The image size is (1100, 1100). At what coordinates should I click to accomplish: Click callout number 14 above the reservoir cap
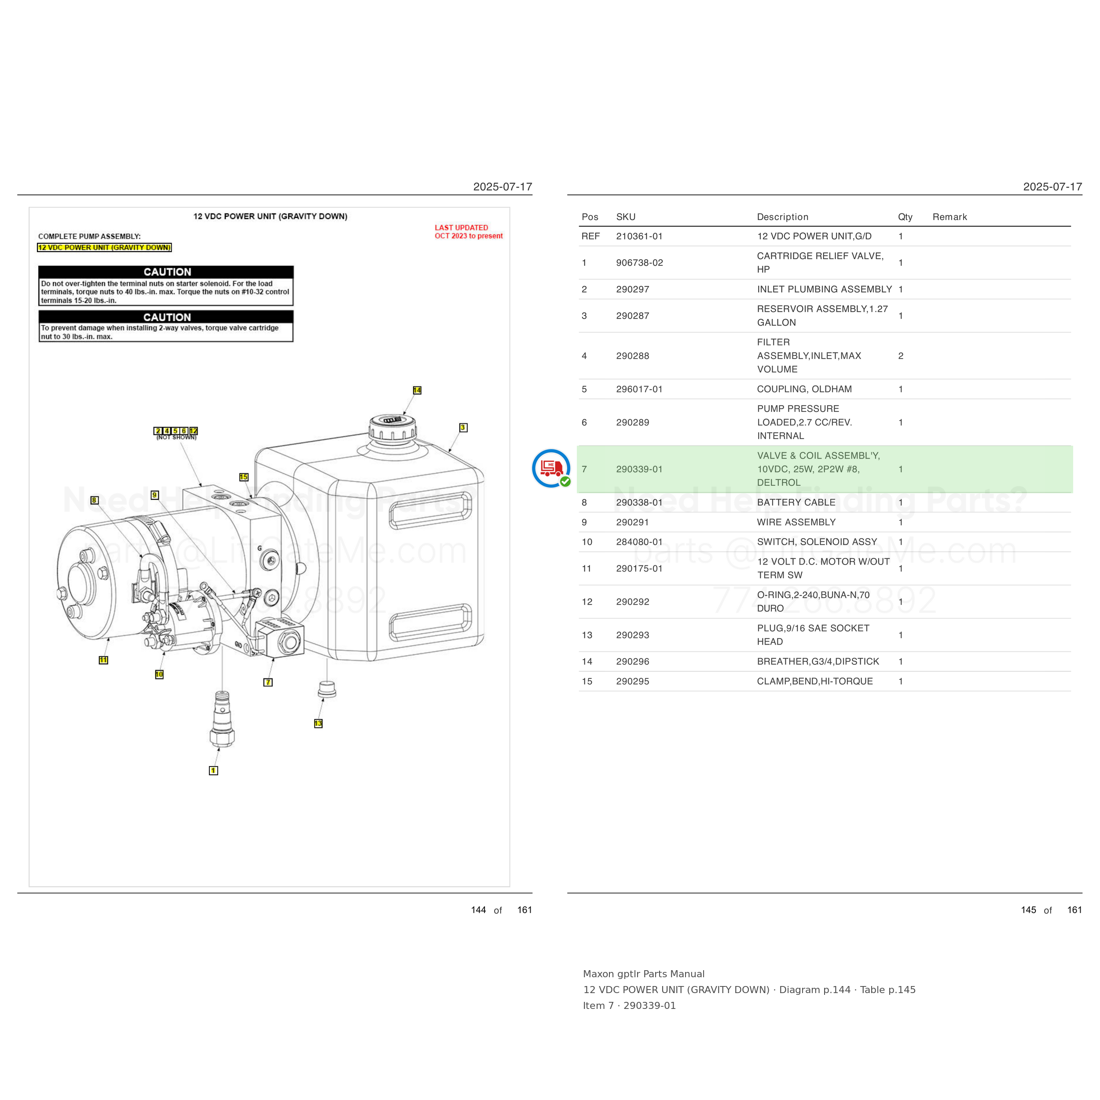(417, 390)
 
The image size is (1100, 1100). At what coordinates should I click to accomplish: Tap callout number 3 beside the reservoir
(463, 428)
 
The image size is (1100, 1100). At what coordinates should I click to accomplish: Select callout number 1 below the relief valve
(213, 770)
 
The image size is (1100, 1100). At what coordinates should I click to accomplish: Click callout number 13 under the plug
(318, 723)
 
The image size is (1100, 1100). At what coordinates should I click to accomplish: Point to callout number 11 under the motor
(103, 660)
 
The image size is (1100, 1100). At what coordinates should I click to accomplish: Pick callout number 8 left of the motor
(95, 500)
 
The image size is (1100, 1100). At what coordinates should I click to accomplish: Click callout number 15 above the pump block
(244, 477)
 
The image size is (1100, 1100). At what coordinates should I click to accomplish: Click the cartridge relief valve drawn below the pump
(222, 719)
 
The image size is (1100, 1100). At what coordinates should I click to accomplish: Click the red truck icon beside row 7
(551, 469)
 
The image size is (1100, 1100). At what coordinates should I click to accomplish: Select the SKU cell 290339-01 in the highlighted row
(639, 469)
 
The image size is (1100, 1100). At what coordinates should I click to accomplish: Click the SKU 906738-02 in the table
(639, 263)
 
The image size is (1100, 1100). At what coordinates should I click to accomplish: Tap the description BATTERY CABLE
(796, 502)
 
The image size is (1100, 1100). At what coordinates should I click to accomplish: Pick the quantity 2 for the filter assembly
(901, 356)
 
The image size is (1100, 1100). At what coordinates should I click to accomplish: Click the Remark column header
(950, 217)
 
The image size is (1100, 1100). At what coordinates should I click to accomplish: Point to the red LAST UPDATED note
(469, 232)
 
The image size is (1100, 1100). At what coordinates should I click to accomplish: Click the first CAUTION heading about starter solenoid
(167, 272)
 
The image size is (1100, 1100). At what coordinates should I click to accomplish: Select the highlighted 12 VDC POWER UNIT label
(104, 248)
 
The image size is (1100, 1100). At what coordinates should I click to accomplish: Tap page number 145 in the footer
(1028, 910)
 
